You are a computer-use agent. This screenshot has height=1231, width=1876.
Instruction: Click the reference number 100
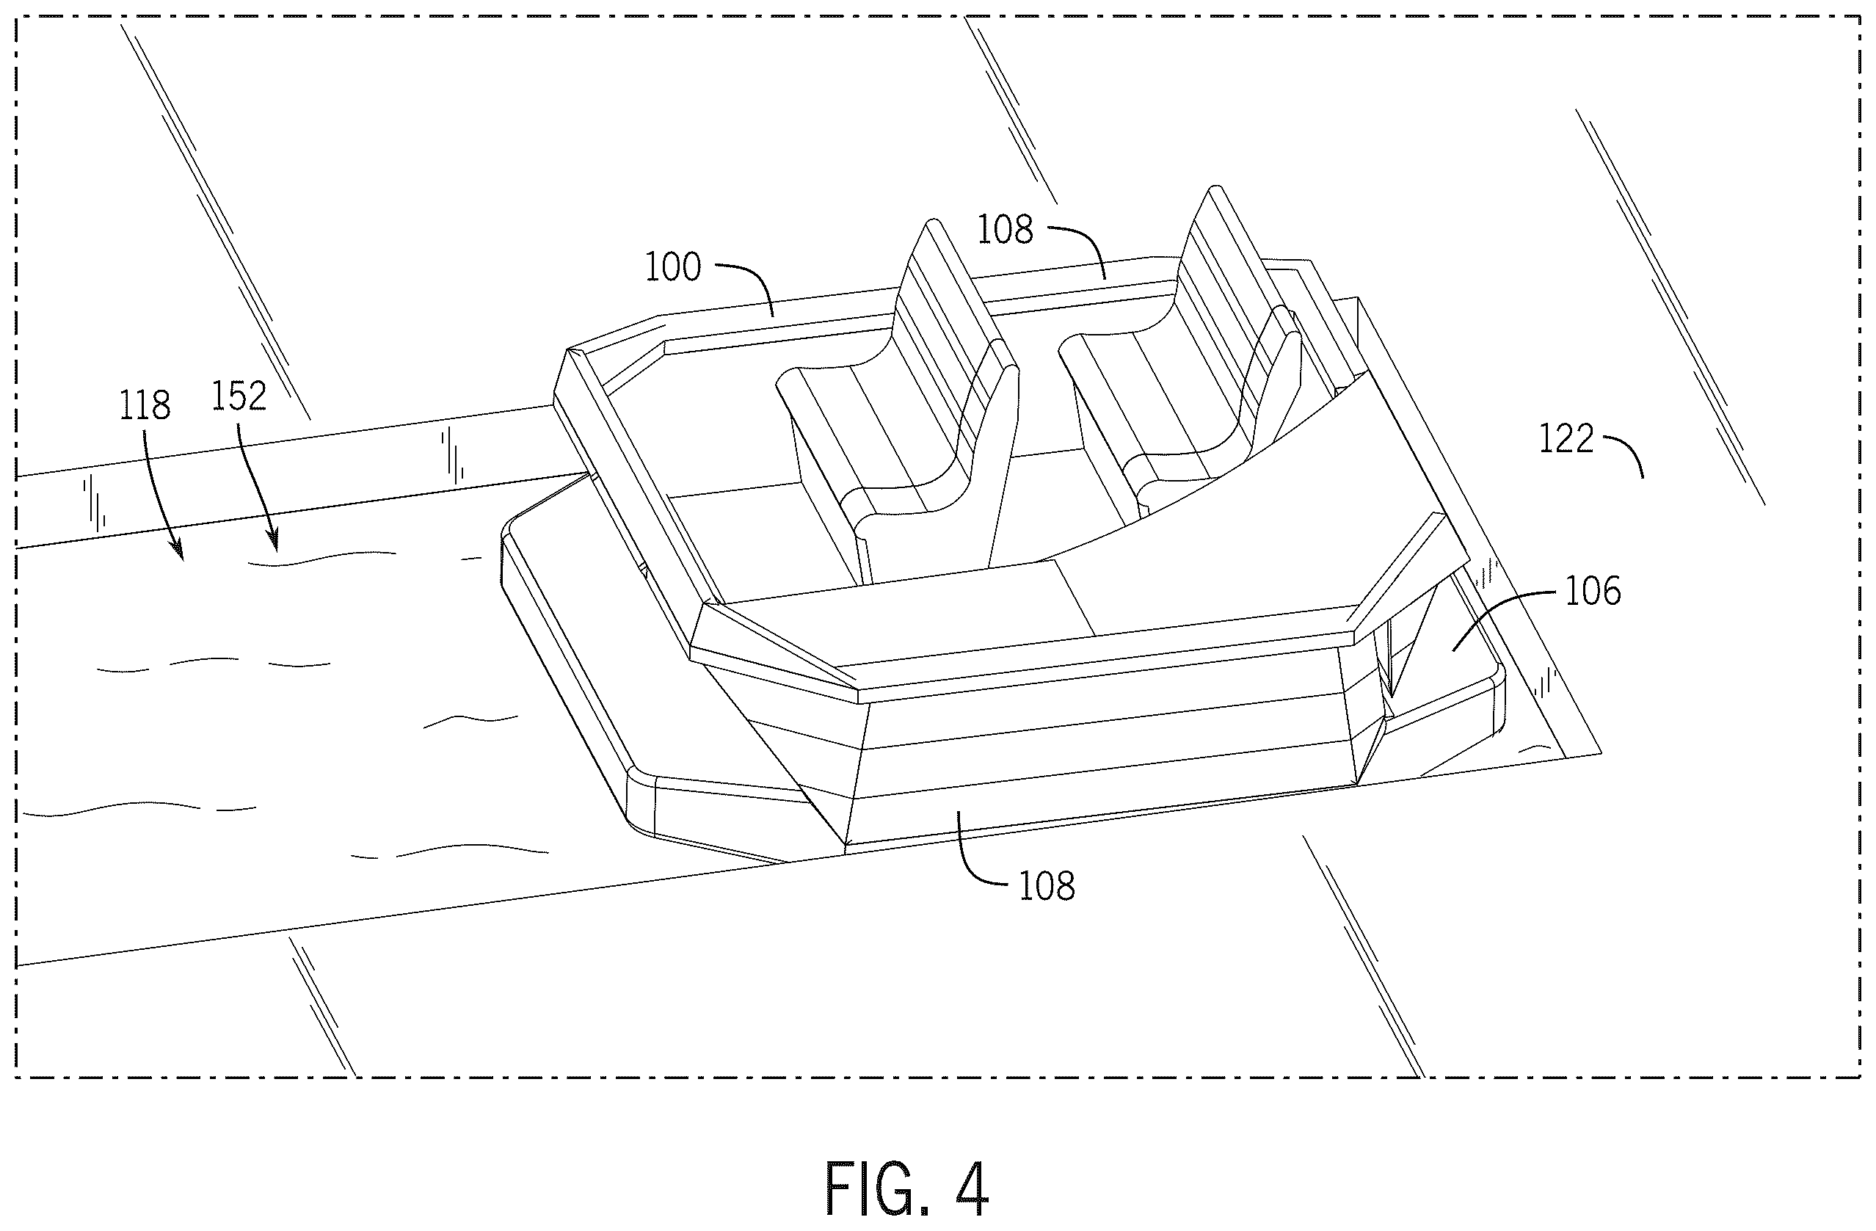[x=673, y=267]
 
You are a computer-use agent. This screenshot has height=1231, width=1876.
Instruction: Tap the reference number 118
[x=145, y=405]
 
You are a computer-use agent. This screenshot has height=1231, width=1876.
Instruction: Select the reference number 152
[x=239, y=396]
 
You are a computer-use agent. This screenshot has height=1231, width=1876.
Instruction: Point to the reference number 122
[x=1567, y=439]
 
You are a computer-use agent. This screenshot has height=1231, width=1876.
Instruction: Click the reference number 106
[x=1593, y=591]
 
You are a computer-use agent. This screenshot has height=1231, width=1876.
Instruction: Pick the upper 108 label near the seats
[x=1005, y=230]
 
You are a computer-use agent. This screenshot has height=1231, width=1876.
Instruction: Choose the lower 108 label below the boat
[x=1047, y=887]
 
